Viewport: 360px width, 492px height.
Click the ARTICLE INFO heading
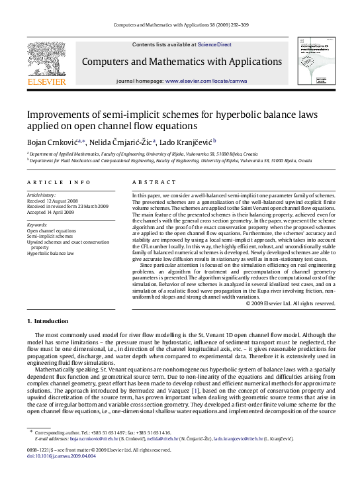point(59,181)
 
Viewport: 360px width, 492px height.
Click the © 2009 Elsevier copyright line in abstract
point(290,303)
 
